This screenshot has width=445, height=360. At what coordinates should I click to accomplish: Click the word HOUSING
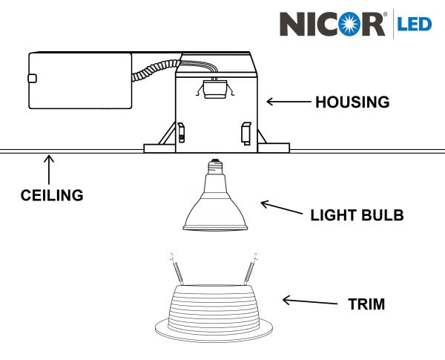(352, 102)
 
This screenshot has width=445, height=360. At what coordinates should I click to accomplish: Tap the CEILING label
(51, 196)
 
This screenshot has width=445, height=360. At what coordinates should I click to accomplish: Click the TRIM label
(366, 304)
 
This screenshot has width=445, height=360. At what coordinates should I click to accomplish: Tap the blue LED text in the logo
(415, 24)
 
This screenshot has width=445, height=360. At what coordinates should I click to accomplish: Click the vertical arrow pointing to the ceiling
(50, 168)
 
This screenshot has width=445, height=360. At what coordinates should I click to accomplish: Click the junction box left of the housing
(79, 80)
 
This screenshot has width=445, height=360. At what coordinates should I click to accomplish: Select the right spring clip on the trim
(251, 268)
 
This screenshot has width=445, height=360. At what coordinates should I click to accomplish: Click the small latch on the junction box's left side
(31, 78)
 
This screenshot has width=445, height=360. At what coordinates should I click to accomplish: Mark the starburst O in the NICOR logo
(348, 24)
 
